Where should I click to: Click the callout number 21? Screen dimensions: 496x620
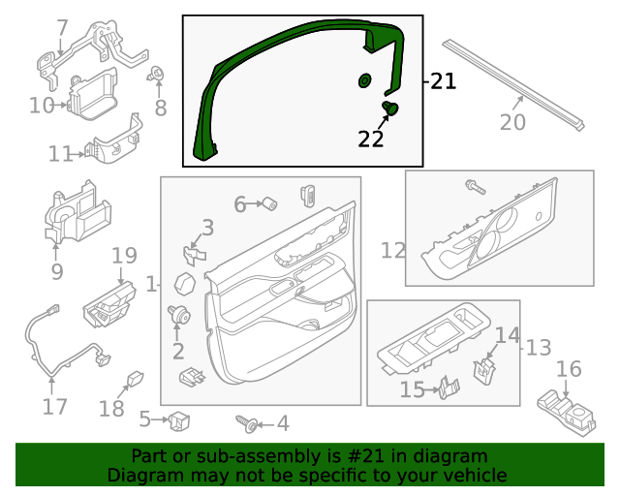tap(443, 81)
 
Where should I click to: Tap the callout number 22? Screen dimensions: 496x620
tap(371, 139)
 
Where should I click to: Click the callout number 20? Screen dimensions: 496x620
tap(512, 122)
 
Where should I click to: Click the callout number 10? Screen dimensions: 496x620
tap(42, 105)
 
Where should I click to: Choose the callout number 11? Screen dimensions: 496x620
tap(60, 153)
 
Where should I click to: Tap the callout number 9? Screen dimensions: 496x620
tap(56, 272)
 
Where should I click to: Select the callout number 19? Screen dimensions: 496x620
tap(124, 256)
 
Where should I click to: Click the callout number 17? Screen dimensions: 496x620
tap(55, 406)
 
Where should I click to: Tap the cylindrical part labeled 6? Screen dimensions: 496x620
tap(271, 203)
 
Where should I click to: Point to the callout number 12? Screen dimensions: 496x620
tap(392, 251)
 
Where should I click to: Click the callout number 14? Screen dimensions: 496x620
tap(508, 335)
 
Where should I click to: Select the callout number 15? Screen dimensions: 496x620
tap(413, 389)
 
